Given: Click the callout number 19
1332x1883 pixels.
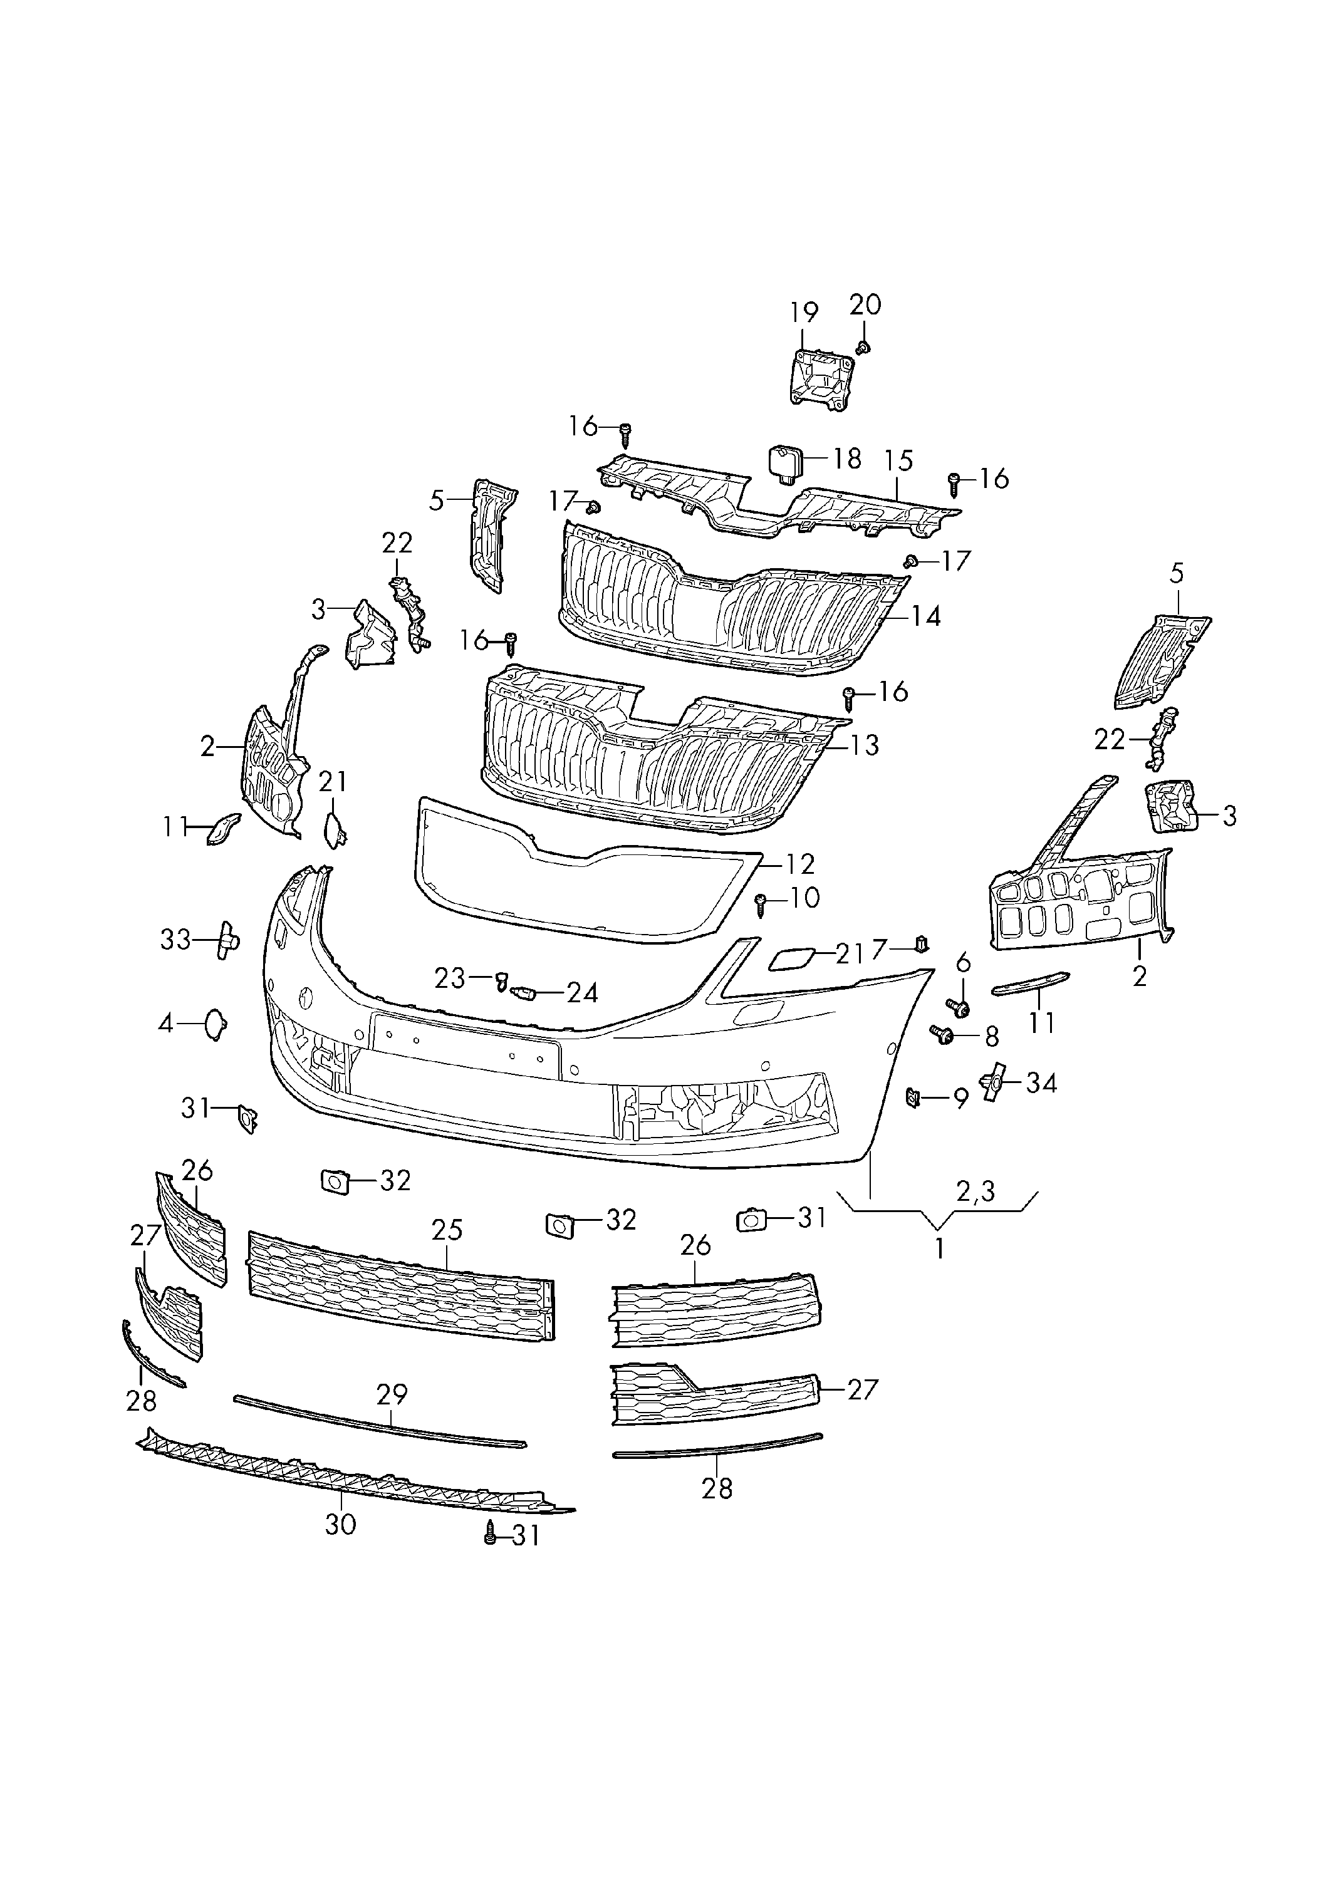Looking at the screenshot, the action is click(x=804, y=313).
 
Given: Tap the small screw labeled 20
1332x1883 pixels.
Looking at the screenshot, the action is click(x=862, y=348).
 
